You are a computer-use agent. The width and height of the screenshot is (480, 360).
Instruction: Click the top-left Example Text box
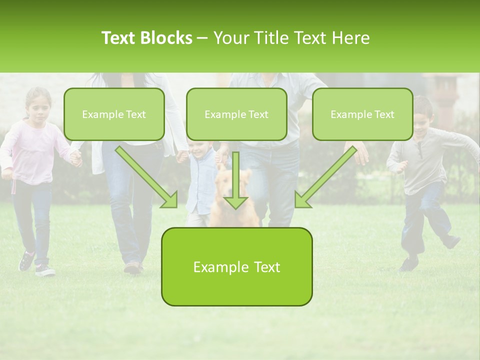pos(114,114)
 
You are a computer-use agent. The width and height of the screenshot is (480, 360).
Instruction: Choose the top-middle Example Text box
pos(236,114)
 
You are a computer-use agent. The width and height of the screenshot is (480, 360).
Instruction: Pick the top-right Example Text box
pos(362,114)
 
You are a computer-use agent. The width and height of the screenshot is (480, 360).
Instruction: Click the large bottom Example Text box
pos(236,266)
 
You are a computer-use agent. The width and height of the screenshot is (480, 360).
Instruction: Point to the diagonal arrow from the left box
pos(147,177)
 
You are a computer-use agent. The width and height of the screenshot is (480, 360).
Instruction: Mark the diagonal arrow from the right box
pos(325,177)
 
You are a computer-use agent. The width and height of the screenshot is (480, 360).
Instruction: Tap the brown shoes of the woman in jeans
pos(133,267)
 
